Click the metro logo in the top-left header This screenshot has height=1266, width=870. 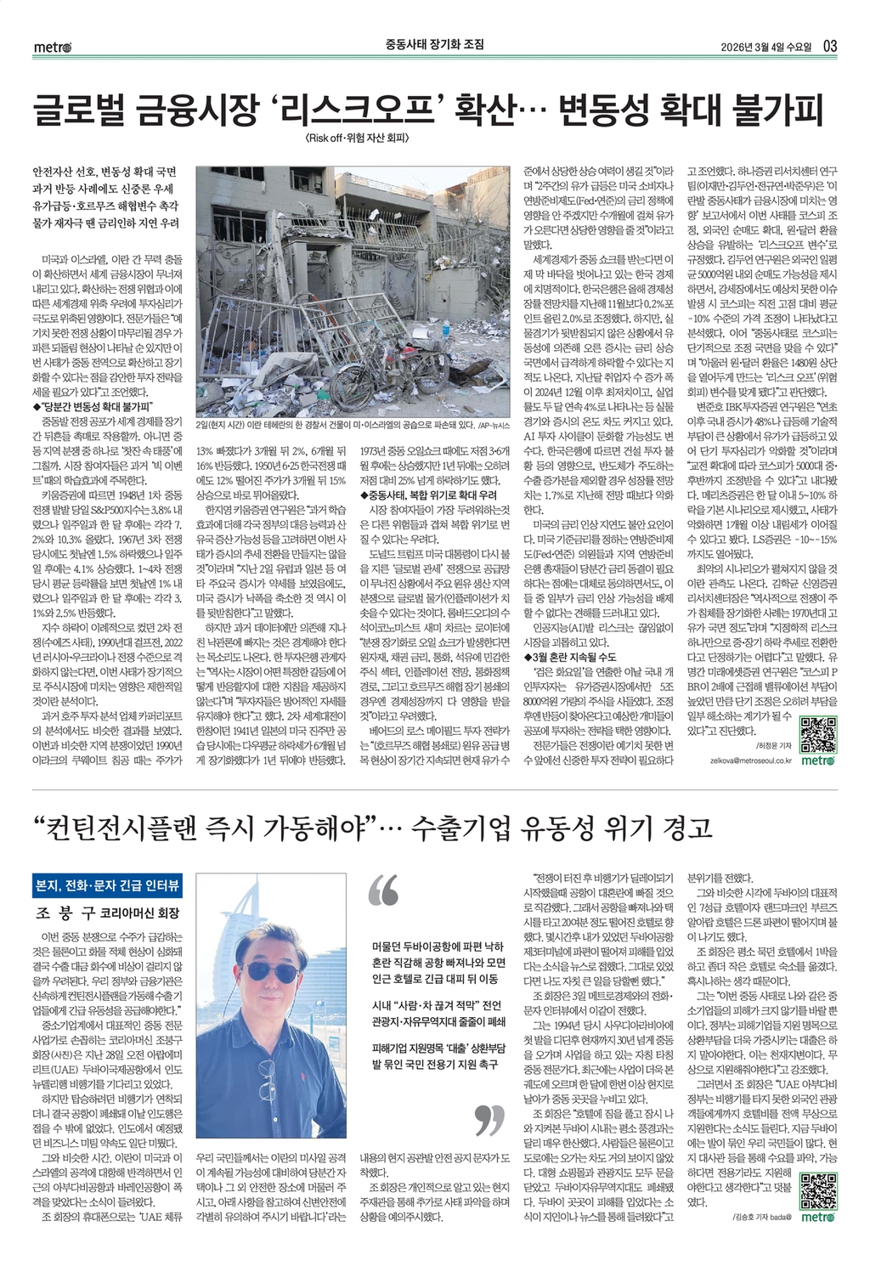(x=53, y=47)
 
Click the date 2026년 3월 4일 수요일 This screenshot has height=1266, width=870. (x=764, y=46)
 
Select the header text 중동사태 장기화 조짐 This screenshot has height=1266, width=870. (x=435, y=44)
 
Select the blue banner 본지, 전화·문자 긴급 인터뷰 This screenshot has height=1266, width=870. (x=106, y=885)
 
